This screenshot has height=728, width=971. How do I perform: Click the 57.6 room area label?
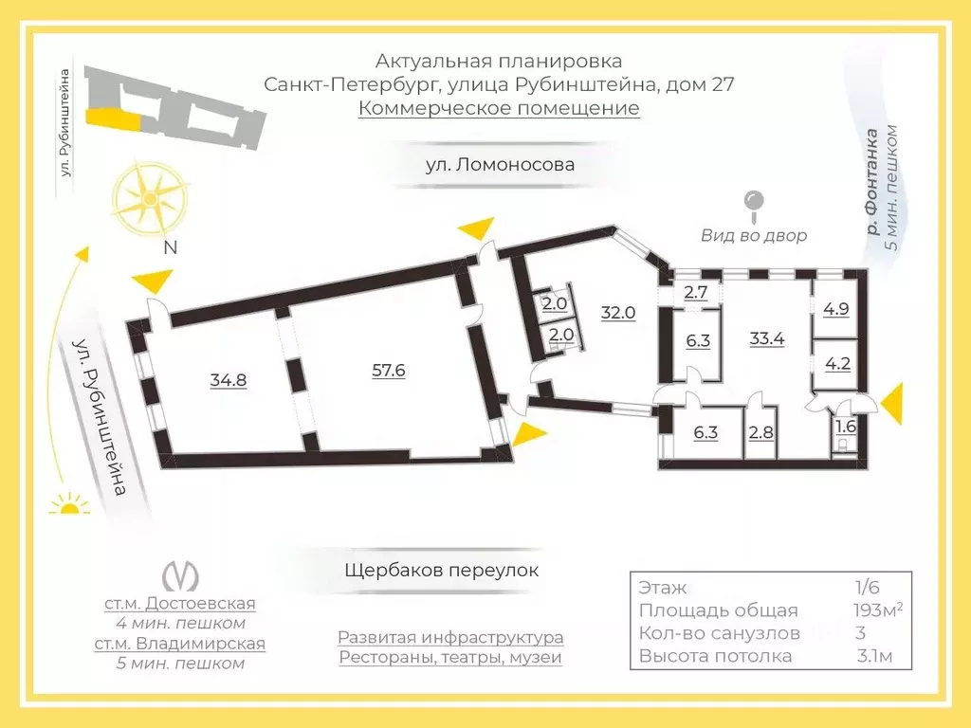388,371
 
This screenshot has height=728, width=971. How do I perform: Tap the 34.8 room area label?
229,379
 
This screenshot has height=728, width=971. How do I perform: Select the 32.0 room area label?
618,313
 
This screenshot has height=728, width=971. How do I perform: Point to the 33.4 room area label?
766,338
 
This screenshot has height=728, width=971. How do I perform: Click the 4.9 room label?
836,309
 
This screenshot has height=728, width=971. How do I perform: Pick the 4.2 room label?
838,363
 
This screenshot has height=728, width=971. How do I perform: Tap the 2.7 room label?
695,292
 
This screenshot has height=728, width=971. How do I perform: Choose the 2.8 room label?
760,432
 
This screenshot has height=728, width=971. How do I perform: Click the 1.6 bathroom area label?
846,426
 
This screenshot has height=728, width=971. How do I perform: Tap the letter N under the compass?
171,247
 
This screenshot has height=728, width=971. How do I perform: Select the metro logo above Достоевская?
180,576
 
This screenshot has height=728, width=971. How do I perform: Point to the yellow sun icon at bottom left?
69,504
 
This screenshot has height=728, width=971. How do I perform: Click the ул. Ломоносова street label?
500,165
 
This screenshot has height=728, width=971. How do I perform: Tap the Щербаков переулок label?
442,570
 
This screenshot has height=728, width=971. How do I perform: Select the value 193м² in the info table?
877,610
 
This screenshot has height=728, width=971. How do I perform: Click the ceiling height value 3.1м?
875,656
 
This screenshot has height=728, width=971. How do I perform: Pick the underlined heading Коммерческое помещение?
499,108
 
